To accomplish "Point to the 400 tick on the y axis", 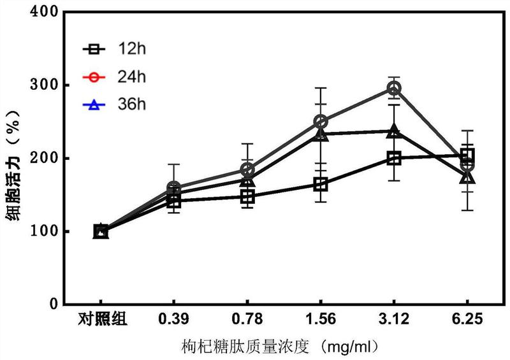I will click(x=47, y=12).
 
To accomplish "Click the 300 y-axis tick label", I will click(x=47, y=85).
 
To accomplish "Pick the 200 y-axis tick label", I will click(x=47, y=158).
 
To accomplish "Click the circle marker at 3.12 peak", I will click(x=394, y=88).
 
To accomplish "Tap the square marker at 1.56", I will click(x=321, y=185).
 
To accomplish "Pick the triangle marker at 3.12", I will click(x=394, y=132).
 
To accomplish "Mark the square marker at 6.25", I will click(x=467, y=155).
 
